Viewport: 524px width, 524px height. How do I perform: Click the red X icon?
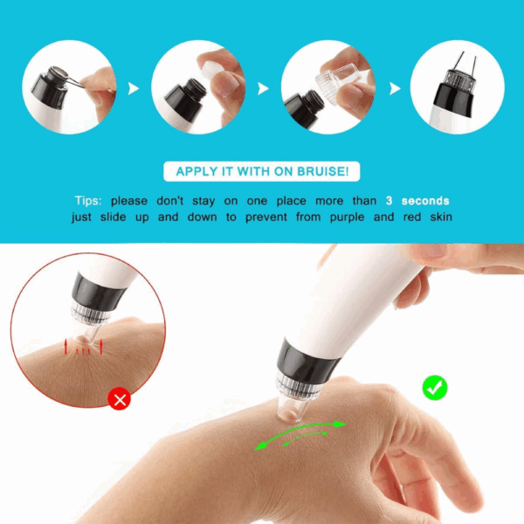(120, 399)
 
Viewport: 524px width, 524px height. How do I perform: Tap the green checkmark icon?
(435, 387)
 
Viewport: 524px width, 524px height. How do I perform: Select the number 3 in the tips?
(389, 201)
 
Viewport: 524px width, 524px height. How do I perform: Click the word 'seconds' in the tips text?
(425, 201)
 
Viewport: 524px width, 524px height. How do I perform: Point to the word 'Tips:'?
(88, 201)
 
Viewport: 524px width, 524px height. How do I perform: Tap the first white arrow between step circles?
(133, 88)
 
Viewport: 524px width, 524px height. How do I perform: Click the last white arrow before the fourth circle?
(395, 88)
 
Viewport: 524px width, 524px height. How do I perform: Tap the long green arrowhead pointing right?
(340, 424)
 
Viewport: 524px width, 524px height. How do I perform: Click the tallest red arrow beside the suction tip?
(101, 347)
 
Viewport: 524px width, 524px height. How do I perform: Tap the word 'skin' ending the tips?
(441, 217)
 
